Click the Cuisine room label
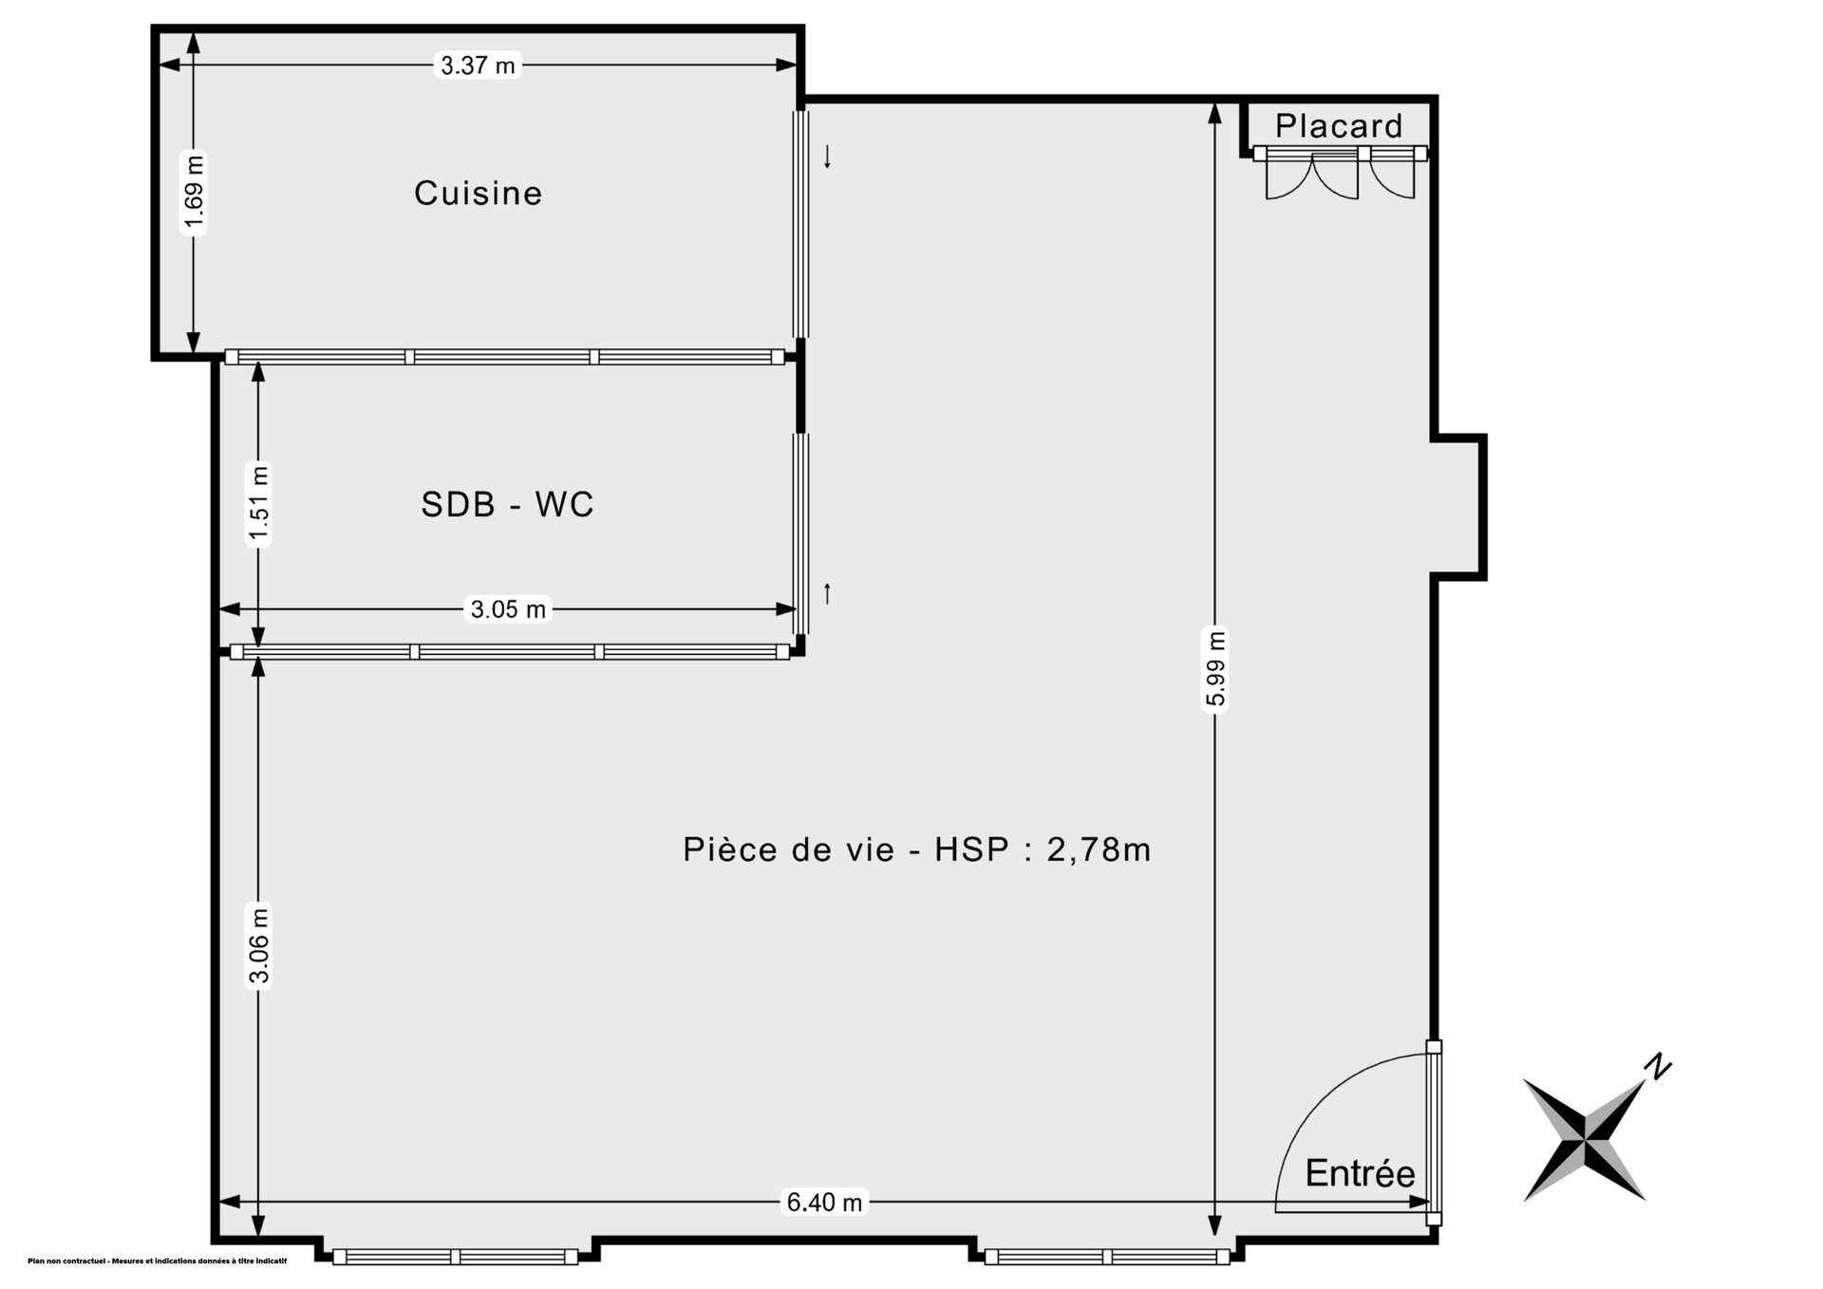pos(478,194)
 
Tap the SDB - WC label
pos(507,504)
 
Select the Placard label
pos(1339,125)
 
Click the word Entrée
pos(1360,1173)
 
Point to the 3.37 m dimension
pos(478,65)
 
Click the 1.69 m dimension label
pos(194,193)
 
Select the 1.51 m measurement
pos(258,504)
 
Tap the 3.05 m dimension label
pos(508,609)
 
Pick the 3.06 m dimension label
pos(258,945)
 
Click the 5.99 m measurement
pos(1215,668)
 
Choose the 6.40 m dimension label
pos(824,1203)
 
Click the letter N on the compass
pos(1658,1067)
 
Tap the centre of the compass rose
pos(1585,1140)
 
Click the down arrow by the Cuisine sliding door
pos(827,157)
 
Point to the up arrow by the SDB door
pos(827,593)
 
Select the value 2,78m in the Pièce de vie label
pos(1099,850)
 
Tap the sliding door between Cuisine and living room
pos(801,224)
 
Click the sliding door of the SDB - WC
pos(801,533)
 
